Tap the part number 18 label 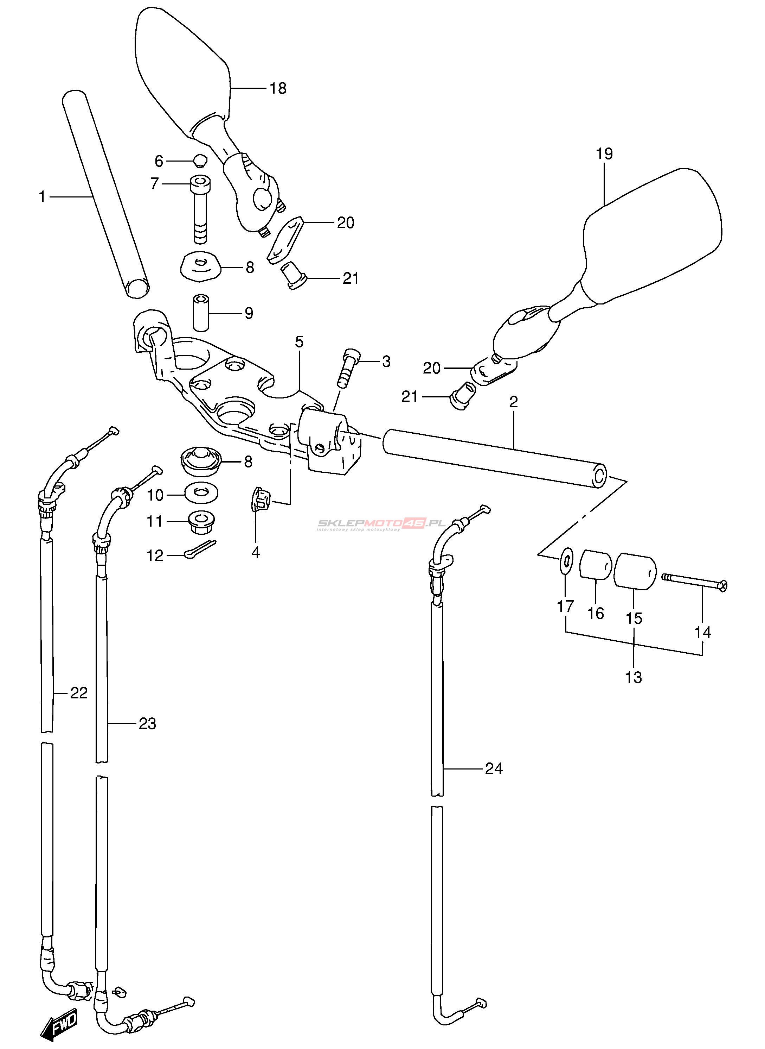click(278, 88)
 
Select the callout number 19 click(604, 154)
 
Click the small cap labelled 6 click(200, 161)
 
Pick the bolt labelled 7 click(200, 209)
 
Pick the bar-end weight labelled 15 click(635, 571)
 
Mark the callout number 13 click(634, 677)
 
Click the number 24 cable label click(494, 768)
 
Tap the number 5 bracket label click(299, 342)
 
